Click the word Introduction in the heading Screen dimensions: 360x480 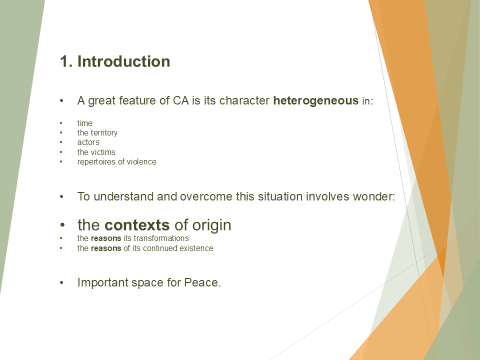tap(123, 61)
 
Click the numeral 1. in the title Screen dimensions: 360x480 tap(66, 61)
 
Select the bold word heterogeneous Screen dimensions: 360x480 tap(315, 100)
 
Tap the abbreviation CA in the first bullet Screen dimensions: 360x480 tap(181, 100)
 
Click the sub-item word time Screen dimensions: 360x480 tap(84, 123)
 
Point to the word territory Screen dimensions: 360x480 tap(104, 133)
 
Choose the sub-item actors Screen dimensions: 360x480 tap(88, 142)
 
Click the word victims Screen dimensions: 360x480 tap(103, 152)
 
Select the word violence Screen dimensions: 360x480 tap(140, 161)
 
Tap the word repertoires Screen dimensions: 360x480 tap(96, 162)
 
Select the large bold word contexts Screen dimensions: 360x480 tap(137, 225)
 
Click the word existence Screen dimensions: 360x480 tap(197, 248)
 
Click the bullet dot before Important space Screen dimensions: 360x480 tap(62, 283)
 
